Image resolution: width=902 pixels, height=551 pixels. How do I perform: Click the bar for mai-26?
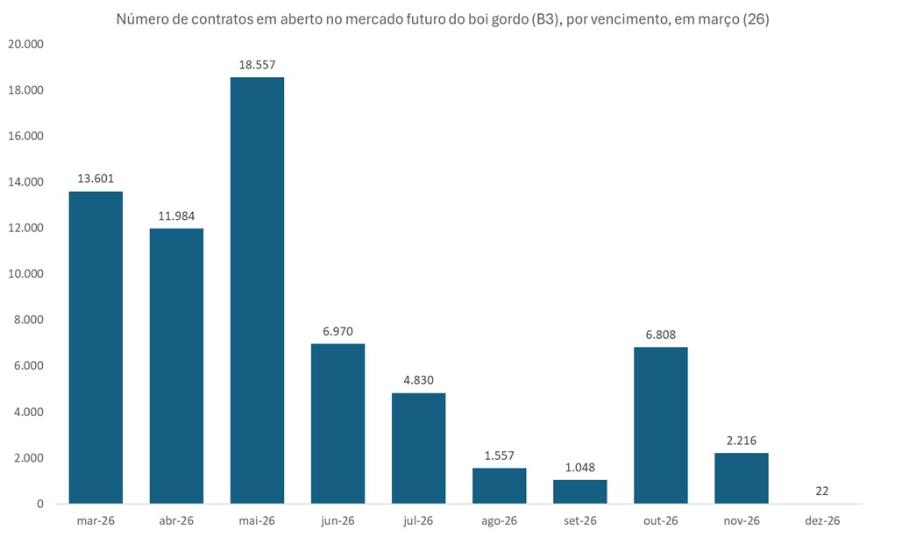tap(257, 290)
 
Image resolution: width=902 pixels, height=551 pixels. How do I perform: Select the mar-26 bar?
tap(96, 347)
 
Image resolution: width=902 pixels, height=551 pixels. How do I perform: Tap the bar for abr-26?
tap(176, 365)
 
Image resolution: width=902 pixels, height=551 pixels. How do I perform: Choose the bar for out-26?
tap(660, 425)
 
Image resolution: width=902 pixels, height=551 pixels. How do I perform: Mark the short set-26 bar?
tap(579, 491)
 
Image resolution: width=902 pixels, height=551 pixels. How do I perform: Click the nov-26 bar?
tap(741, 477)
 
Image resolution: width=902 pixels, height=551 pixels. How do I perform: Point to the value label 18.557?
tap(257, 65)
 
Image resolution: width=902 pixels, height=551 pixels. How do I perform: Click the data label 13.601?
tap(96, 179)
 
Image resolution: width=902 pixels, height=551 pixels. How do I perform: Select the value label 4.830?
tap(418, 380)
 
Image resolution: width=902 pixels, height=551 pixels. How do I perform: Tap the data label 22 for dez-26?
tap(821, 491)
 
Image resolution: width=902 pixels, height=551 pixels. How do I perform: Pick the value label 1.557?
tap(499, 456)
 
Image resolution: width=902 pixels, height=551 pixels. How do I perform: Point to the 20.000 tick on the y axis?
tap(25, 45)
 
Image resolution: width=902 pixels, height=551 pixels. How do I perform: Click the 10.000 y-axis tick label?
tap(25, 274)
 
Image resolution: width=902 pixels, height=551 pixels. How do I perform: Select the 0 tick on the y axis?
tap(39, 504)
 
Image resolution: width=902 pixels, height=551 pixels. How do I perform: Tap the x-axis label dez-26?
tap(821, 520)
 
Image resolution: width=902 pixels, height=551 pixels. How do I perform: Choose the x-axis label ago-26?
tap(499, 520)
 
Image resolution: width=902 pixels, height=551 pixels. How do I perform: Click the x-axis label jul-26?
tap(418, 520)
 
